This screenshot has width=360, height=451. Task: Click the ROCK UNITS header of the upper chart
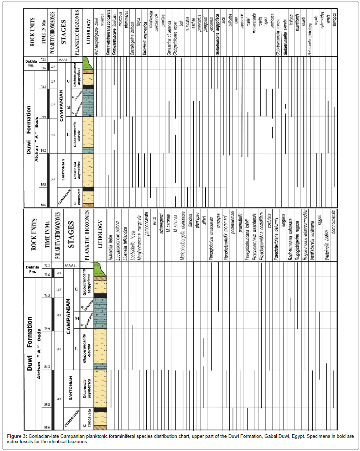[x=32, y=32]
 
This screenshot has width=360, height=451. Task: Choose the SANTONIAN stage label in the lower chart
[x=71, y=388]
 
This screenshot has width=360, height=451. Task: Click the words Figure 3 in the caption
[x=17, y=436]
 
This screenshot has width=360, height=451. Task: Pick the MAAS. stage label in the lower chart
[x=71, y=266]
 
